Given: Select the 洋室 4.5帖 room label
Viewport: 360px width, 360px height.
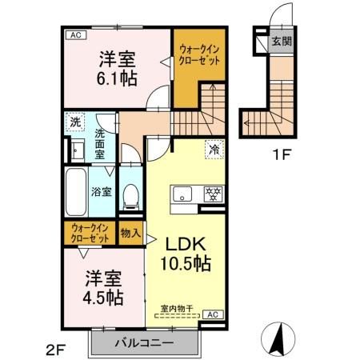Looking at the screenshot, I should [103, 288].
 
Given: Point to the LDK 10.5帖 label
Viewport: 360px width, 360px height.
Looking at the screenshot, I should [188, 252].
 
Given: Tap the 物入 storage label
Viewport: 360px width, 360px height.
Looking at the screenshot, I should [130, 234].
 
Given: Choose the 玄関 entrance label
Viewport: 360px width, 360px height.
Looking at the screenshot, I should [279, 42].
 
